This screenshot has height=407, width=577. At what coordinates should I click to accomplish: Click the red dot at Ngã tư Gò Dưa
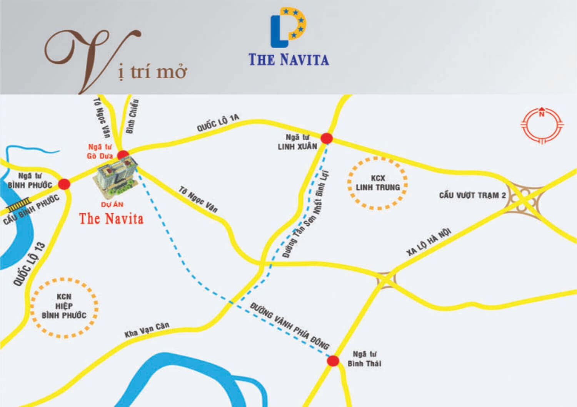(123, 155)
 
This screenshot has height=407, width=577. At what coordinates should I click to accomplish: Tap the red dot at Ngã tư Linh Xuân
(327, 138)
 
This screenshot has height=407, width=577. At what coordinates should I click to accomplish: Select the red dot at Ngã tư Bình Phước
(64, 184)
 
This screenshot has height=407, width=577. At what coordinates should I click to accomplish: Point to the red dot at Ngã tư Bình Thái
(333, 361)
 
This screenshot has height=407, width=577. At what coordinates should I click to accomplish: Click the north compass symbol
(542, 125)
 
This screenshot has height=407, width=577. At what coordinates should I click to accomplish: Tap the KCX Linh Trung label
(378, 183)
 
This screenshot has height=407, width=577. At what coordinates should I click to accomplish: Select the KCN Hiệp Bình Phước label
(64, 306)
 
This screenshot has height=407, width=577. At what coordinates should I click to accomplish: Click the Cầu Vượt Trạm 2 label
(472, 195)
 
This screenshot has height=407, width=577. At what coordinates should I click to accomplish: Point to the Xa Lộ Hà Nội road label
(428, 242)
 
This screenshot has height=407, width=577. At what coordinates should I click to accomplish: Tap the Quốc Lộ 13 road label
(29, 264)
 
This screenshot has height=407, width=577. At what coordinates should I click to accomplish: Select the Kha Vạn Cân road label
(147, 329)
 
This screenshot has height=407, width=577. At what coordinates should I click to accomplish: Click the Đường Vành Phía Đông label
(289, 326)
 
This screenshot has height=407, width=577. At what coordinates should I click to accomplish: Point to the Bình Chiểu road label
(132, 116)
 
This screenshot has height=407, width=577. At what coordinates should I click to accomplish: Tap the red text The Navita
(111, 218)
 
